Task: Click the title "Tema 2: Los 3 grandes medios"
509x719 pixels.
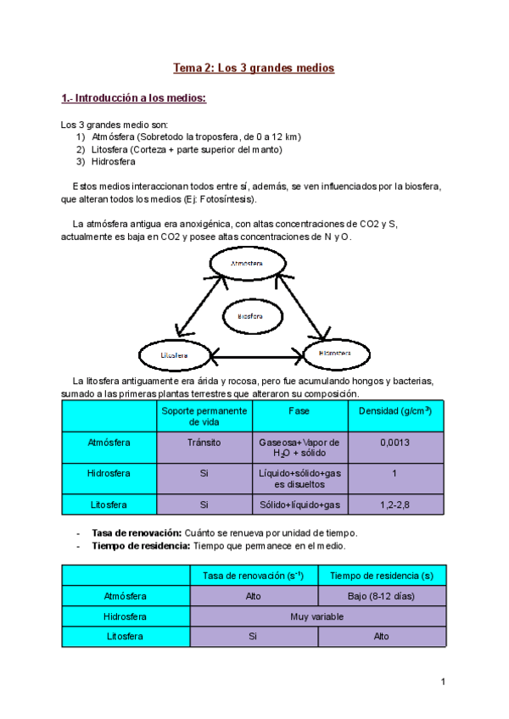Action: coord(255,68)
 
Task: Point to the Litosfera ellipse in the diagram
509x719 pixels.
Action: coord(174,354)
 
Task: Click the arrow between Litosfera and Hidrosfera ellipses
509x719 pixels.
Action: coord(255,357)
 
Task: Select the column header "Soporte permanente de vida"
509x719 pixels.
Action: coord(204,415)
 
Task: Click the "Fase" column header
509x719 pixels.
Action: coord(299,410)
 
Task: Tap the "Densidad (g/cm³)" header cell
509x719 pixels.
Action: coord(395,410)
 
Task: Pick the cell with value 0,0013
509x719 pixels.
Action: coord(395,443)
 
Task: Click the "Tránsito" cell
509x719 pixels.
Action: coord(204,443)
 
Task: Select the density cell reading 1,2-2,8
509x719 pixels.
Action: coord(395,504)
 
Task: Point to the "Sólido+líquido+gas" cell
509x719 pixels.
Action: coord(299,504)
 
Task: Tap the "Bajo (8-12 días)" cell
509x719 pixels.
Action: coord(382,596)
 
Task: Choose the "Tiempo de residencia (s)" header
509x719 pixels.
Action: coord(382,576)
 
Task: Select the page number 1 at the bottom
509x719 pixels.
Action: coord(443,682)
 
